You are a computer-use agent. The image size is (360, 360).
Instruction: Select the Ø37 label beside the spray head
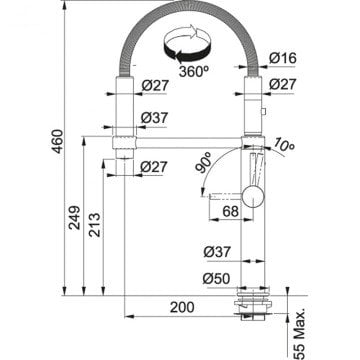pos(153,118)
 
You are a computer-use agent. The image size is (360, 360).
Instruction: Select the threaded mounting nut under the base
pos(248,304)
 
